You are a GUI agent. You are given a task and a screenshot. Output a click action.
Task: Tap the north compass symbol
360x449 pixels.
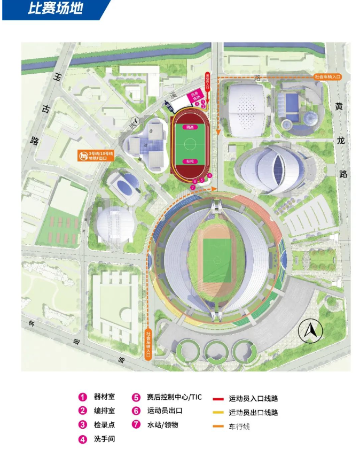pyautogui.click(x=310, y=332)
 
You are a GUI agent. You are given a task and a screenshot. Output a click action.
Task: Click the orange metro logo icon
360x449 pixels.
pyautogui.click(x=83, y=156)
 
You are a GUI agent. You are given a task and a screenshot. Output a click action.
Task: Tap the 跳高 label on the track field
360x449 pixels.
pyautogui.click(x=189, y=127)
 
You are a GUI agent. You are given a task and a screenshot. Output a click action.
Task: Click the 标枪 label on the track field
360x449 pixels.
pyautogui.click(x=189, y=161)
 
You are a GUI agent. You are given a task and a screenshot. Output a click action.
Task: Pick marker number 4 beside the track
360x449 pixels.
pyautogui.click(x=209, y=175)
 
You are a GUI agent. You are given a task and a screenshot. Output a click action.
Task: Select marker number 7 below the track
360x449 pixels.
pyautogui.click(x=192, y=187)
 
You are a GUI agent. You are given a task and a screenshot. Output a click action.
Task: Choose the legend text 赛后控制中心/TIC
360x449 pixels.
pyautogui.click(x=175, y=397)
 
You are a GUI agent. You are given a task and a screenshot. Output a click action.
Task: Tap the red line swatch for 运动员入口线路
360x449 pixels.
pyautogui.click(x=217, y=398)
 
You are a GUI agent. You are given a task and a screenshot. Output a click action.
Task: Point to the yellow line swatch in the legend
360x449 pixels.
pyautogui.click(x=217, y=412)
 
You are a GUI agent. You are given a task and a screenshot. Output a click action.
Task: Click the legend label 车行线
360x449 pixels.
pyautogui.click(x=239, y=426)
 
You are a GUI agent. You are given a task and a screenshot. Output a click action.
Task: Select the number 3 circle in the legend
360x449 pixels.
pyautogui.click(x=83, y=425)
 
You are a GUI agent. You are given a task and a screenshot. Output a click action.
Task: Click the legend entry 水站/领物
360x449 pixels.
pyautogui.click(x=162, y=425)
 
